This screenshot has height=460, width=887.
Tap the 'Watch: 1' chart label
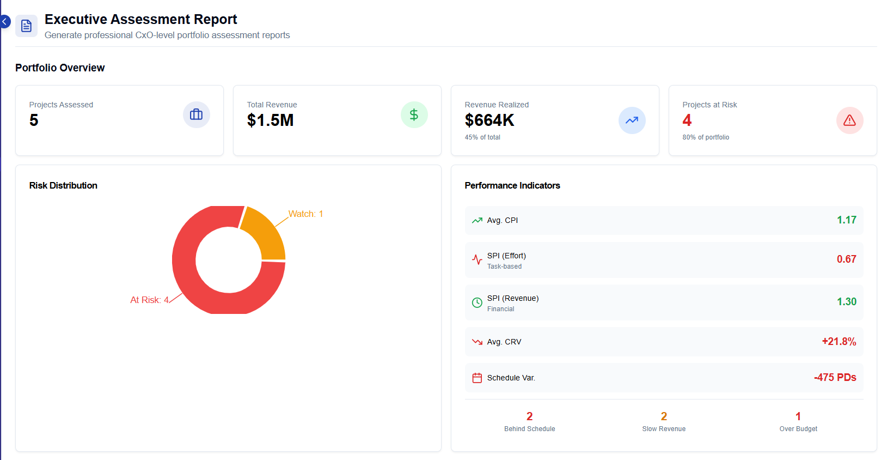coord(305,214)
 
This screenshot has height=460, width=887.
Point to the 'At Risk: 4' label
coord(149,300)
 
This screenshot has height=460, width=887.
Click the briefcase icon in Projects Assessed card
coord(196,114)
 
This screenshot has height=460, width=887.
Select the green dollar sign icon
coord(414,114)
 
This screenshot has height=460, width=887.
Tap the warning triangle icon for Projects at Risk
coord(849,120)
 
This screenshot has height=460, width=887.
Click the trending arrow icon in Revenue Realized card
coord(632,120)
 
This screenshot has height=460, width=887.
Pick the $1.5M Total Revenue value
coord(270,120)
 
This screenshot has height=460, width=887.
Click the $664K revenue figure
coord(489,120)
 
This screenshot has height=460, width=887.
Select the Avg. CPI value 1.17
coord(846,220)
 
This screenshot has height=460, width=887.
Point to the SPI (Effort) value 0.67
coord(846,259)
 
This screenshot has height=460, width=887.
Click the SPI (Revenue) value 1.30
coord(846,302)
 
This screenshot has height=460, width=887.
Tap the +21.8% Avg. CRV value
coord(839,342)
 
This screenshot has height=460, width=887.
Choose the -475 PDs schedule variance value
coord(835,378)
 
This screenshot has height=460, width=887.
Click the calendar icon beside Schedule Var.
coord(477,378)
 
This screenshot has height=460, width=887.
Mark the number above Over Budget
coord(798,416)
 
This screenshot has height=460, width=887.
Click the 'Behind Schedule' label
coord(529,429)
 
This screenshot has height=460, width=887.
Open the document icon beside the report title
coord(26,26)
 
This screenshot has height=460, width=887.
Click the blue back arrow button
coord(4,22)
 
